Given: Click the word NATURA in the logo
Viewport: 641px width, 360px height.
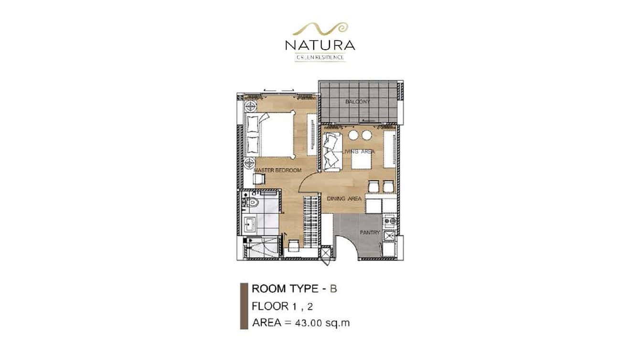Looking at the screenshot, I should click(320, 45).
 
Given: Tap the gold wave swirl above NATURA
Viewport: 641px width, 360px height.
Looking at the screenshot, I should click(320, 29).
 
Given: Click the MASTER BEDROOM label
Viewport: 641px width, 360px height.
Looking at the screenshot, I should click(278, 170).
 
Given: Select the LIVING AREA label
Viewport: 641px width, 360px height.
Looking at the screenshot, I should click(359, 151).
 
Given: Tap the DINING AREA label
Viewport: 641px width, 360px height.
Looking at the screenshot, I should click(344, 198).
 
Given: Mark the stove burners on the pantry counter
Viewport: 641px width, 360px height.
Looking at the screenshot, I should click(389, 221).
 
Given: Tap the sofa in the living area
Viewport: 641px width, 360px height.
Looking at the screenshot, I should click(331, 152).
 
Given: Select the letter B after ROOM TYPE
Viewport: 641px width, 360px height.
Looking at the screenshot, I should click(333, 289).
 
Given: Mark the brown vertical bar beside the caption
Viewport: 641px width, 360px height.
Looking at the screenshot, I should click(243, 306).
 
